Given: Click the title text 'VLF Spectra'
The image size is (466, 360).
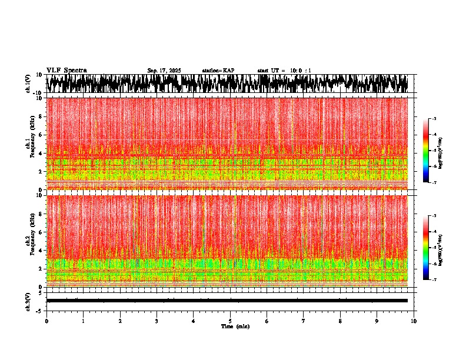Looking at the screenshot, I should pos(66,70).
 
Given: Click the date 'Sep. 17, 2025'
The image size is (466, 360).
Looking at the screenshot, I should pos(164,71).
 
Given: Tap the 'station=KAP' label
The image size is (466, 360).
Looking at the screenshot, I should pos(218,71).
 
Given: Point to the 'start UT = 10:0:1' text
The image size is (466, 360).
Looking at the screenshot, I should pos(284,71).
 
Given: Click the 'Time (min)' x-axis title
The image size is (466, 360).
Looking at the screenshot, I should pos(235,326).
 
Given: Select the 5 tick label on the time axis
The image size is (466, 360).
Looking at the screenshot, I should pos(230,321).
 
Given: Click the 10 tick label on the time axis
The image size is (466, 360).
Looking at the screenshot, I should pos(414,321).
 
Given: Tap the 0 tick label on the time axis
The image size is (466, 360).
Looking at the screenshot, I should pos(46,321).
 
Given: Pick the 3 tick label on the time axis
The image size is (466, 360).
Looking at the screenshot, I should pos(157,321).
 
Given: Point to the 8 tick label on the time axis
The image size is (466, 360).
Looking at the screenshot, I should pos(340,321).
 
